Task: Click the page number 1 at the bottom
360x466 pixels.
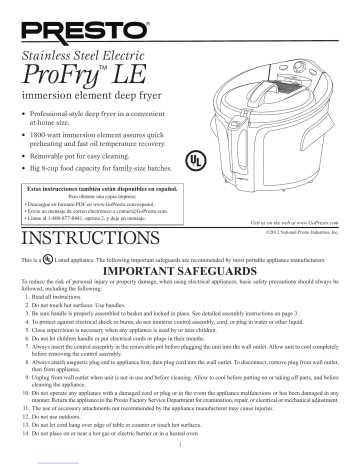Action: click(180, 458)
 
